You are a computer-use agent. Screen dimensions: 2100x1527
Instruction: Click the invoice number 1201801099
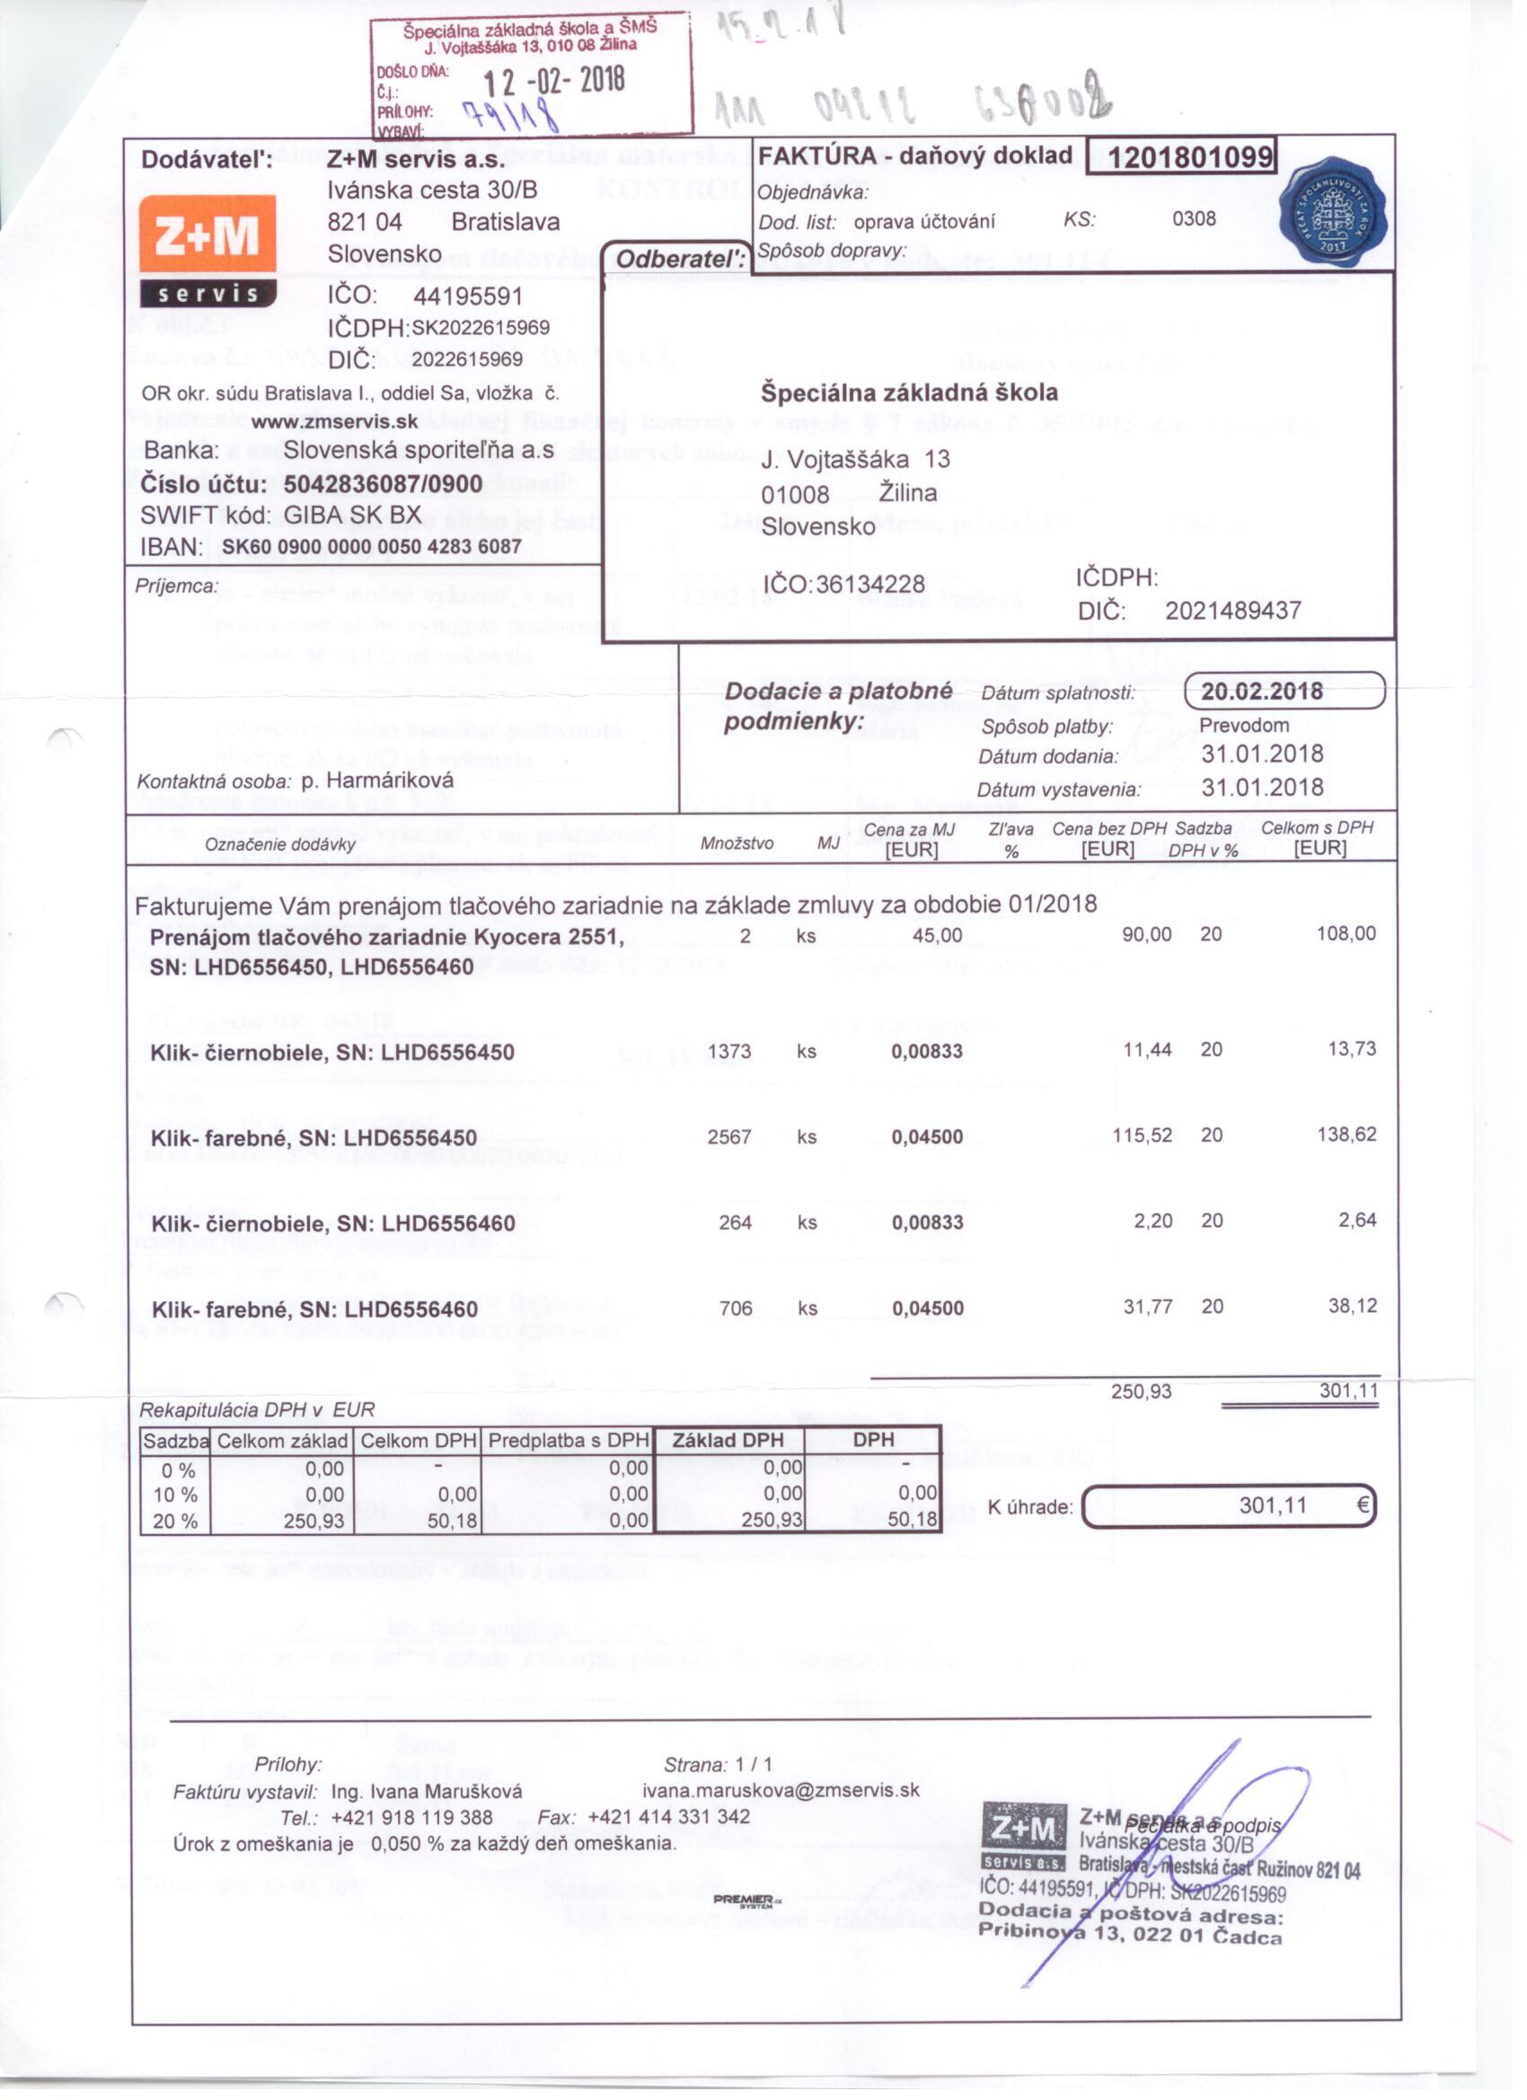[1179, 156]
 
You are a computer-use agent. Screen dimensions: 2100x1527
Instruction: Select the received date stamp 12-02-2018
[553, 82]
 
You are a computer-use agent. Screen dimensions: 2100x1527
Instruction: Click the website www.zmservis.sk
[334, 421]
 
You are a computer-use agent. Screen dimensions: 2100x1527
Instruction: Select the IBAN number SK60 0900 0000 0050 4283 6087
[371, 546]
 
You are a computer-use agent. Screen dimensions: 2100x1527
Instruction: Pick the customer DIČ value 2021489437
[1232, 610]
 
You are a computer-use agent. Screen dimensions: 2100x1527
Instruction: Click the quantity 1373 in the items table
[728, 1051]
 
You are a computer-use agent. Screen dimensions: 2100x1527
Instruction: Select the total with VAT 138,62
[1346, 1134]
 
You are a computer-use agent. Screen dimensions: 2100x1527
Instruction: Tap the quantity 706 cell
[736, 1309]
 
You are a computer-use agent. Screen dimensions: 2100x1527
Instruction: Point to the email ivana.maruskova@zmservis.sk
[781, 1790]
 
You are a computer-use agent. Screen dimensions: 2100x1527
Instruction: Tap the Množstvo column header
[737, 843]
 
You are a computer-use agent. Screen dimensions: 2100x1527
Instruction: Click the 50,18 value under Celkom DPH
[452, 1521]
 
